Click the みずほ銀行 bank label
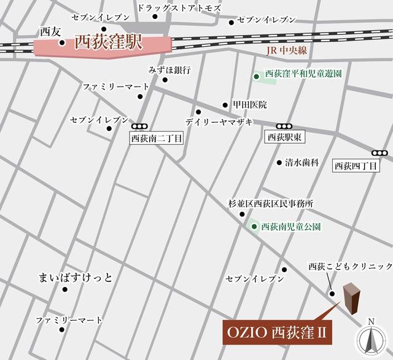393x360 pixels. pos(170,69)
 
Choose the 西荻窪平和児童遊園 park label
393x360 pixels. pos(303,75)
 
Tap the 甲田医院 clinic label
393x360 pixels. pos(249,105)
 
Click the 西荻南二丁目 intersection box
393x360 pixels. pos(157,139)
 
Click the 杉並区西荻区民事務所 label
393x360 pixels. pos(271,203)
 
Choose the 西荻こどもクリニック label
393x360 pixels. pos(350,267)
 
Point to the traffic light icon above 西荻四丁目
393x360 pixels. pos(380,153)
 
